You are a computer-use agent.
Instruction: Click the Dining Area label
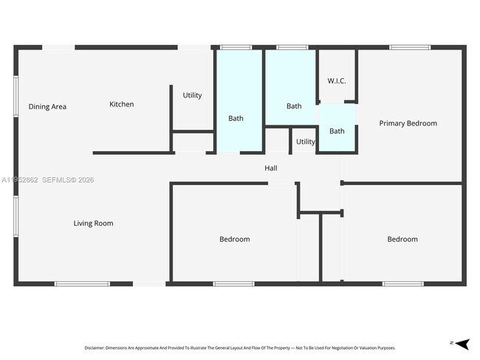(47, 107)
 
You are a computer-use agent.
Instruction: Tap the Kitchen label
(122, 105)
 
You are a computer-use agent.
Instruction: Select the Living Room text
(93, 224)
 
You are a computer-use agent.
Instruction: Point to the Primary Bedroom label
(408, 123)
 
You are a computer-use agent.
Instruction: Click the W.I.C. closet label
(337, 81)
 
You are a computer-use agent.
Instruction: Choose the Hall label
(271, 169)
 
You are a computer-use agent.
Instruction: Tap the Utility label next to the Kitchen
(192, 96)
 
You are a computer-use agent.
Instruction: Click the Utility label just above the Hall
(305, 142)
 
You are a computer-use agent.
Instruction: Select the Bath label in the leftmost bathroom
(236, 118)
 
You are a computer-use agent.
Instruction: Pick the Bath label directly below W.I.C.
(337, 131)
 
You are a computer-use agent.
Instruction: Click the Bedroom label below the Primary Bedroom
(402, 239)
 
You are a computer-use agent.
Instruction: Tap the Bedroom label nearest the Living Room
(234, 239)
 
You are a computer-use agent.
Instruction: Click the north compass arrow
(462, 343)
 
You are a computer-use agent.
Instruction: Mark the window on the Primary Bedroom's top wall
(410, 47)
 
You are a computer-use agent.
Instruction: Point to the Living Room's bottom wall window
(82, 284)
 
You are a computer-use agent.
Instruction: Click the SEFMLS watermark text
(68, 180)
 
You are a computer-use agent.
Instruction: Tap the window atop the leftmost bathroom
(236, 47)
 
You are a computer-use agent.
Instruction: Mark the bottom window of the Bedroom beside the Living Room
(233, 284)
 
